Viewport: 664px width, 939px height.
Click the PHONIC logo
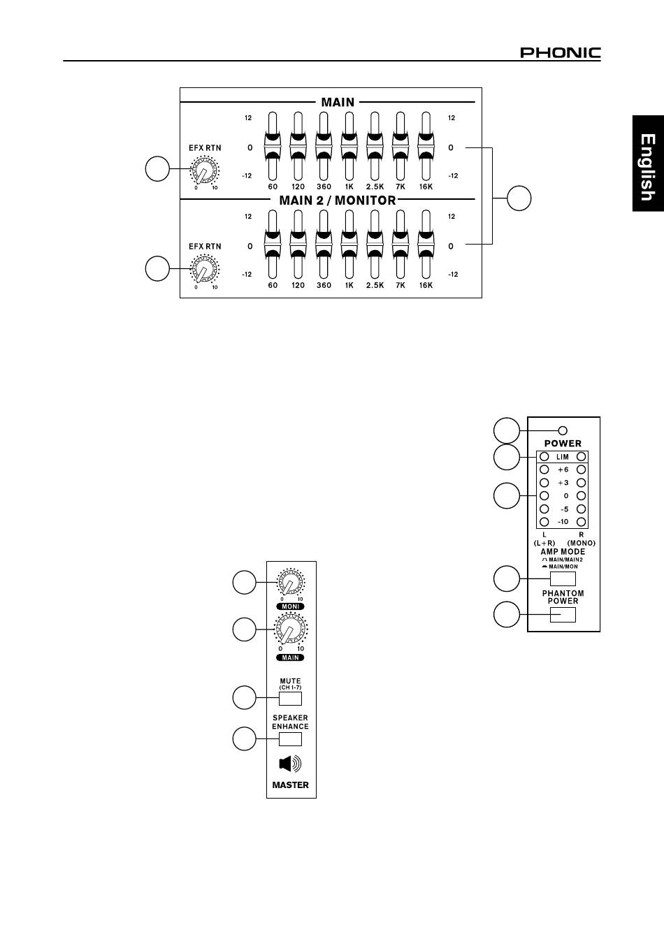560,53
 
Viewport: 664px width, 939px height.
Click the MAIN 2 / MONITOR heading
338,201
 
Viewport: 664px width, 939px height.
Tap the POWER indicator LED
563,430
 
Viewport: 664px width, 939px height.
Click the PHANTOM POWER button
563,615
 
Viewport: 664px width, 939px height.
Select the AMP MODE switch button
563,578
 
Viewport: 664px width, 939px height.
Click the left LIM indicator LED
544,457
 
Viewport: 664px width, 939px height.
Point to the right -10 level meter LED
581,522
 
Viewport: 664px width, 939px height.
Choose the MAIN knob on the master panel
290,630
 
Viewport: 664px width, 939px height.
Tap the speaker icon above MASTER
290,764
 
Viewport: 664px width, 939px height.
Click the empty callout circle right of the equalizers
519,198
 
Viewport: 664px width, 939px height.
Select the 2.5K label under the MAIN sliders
375,187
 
